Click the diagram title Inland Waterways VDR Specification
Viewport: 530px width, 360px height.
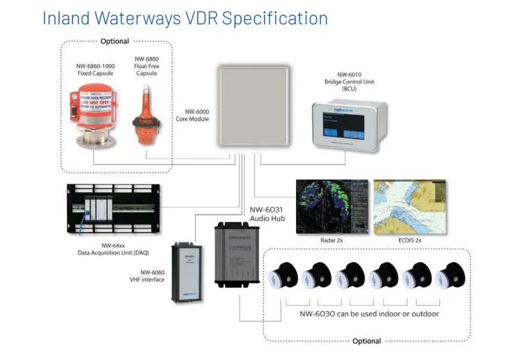[x=185, y=17]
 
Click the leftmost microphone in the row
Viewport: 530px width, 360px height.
[x=285, y=275]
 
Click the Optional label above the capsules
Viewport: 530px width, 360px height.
[x=115, y=42]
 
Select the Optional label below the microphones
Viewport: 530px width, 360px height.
[x=366, y=341]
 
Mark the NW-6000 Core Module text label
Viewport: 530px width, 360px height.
[x=192, y=115]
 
